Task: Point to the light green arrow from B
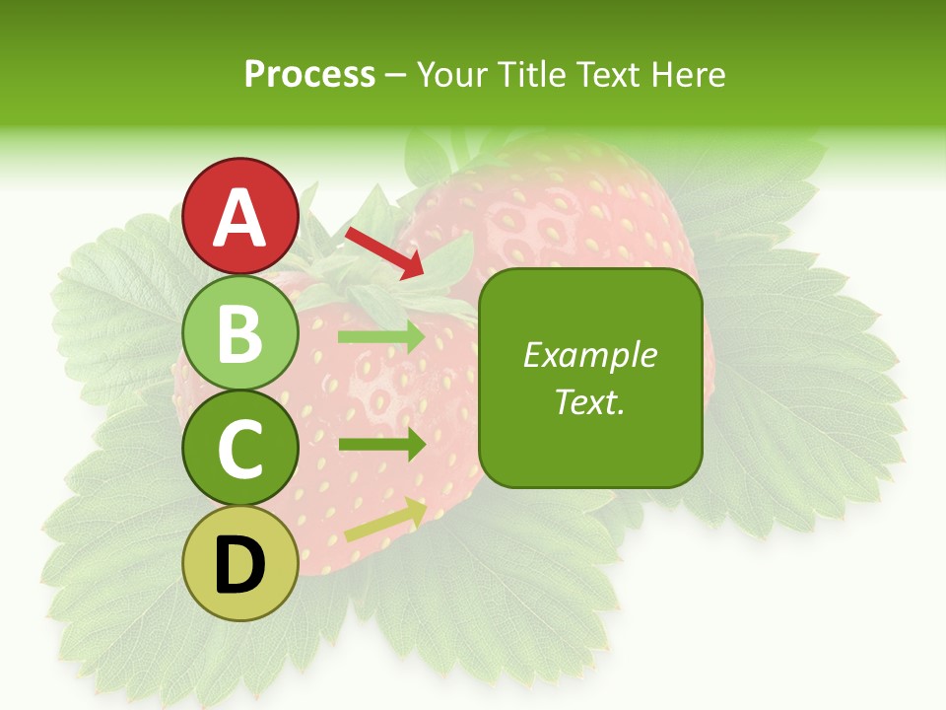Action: pyautogui.click(x=381, y=337)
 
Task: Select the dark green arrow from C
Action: pyautogui.click(x=381, y=445)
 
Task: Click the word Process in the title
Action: pyautogui.click(x=309, y=75)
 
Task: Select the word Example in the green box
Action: pyautogui.click(x=589, y=355)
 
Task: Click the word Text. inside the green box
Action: pyautogui.click(x=589, y=401)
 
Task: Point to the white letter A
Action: pyautogui.click(x=240, y=217)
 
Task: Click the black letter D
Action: pyautogui.click(x=240, y=564)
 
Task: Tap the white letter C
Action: pyautogui.click(x=240, y=449)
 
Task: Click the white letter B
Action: pyautogui.click(x=240, y=333)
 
